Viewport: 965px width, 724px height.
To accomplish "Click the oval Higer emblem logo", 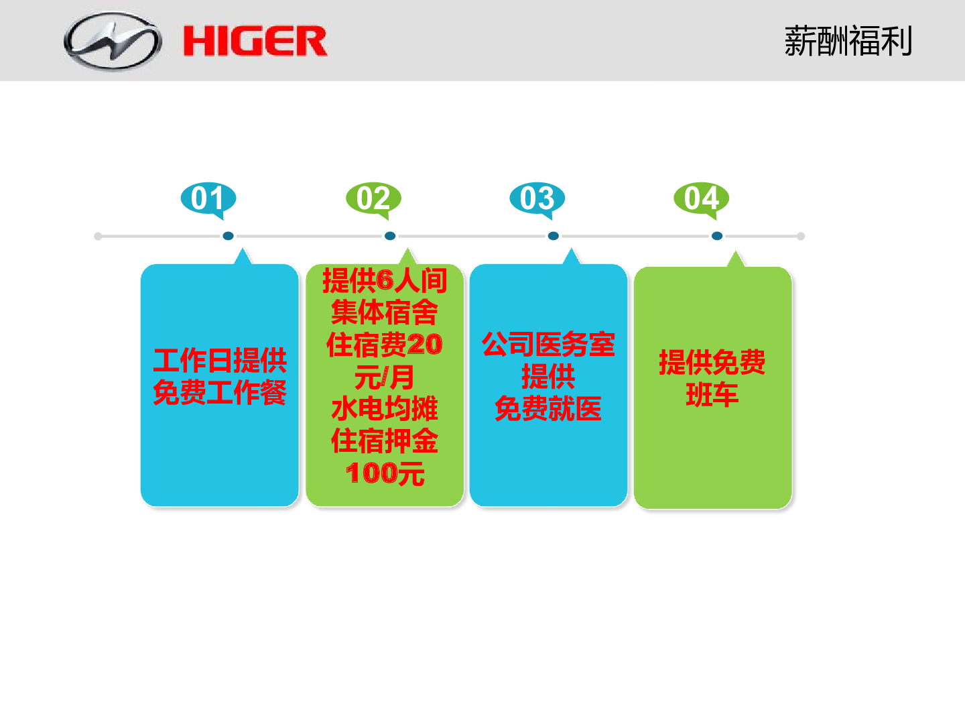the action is [113, 41].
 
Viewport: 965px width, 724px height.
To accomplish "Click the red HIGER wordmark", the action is [255, 41].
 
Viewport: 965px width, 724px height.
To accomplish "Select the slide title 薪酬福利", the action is [848, 41].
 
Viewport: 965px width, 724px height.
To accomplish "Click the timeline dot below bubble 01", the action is [228, 236].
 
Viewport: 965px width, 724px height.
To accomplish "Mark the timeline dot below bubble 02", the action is [390, 236].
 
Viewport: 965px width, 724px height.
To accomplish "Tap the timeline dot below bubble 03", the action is [554, 236].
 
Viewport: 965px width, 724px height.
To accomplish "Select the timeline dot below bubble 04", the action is [717, 236].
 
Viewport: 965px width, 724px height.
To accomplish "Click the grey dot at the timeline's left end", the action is [98, 237].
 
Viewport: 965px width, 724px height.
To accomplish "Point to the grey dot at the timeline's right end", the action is [801, 237].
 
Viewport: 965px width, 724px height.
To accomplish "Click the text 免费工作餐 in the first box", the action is [220, 392].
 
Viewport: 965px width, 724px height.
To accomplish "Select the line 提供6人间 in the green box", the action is [385, 280].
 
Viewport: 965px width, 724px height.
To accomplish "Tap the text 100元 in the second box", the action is [385, 473].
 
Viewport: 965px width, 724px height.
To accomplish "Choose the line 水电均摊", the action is [385, 409].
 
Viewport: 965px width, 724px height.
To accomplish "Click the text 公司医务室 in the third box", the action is [548, 344].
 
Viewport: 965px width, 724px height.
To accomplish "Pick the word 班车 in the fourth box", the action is [712, 394].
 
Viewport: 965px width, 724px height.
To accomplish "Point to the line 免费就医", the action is [548, 409].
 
